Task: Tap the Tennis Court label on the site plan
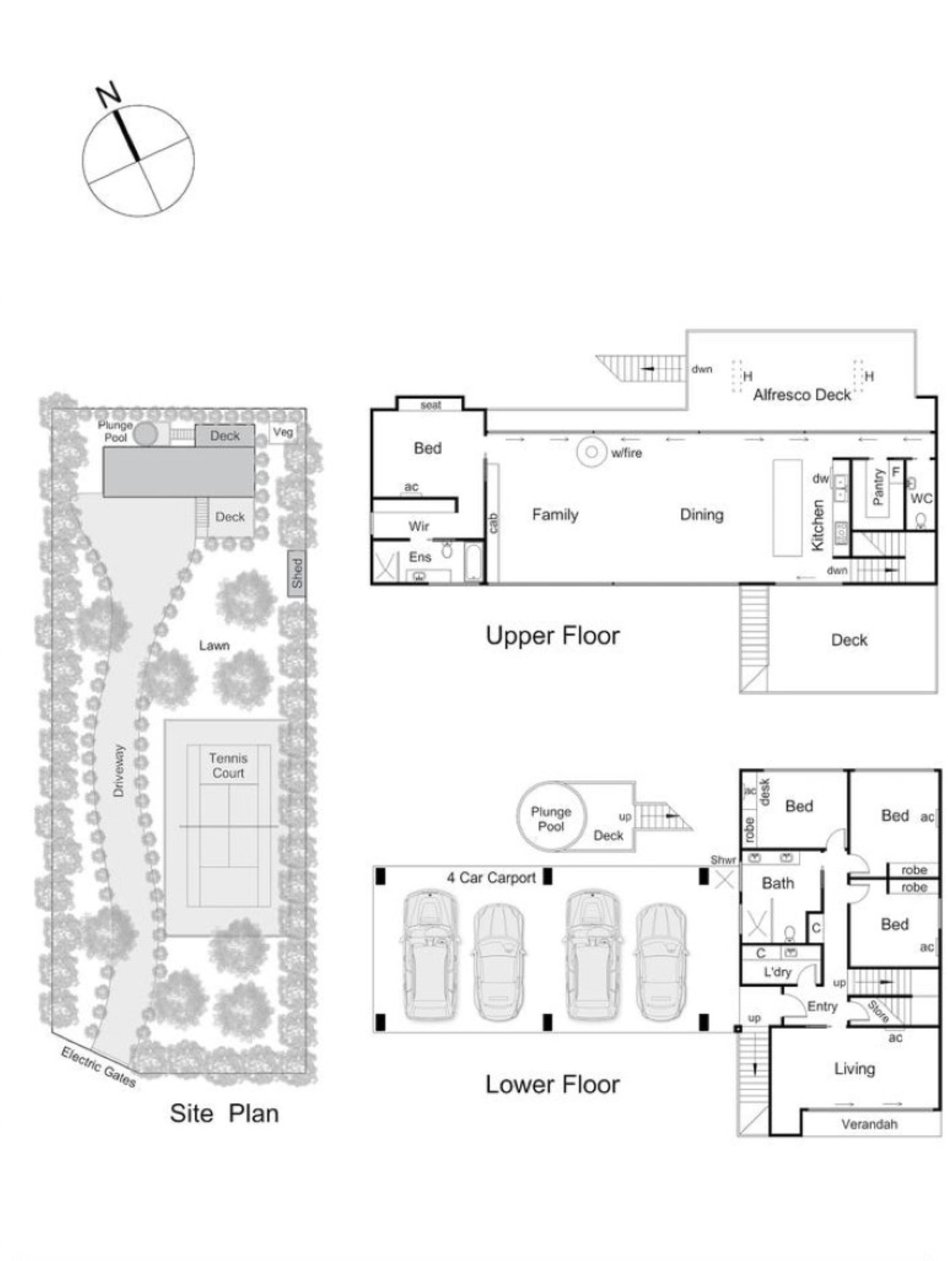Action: click(228, 766)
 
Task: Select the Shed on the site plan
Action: click(296, 574)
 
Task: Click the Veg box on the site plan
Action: click(283, 432)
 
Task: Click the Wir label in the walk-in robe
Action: click(418, 526)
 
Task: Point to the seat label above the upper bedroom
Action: click(431, 405)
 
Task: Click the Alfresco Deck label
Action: click(801, 394)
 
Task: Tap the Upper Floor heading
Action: click(552, 635)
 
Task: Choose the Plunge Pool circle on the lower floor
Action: click(550, 816)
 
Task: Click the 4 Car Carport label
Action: click(491, 877)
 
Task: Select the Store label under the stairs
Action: click(878, 1011)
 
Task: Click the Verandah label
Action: click(869, 1124)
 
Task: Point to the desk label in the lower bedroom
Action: click(765, 792)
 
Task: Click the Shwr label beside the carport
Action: click(723, 860)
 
